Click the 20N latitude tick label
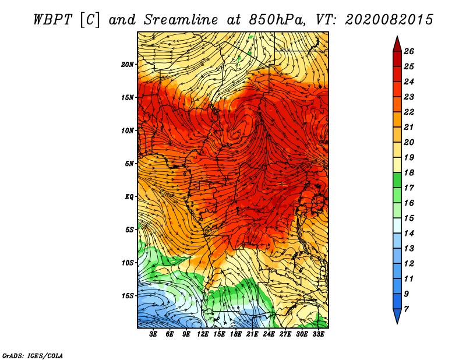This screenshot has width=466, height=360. pyautogui.click(x=128, y=65)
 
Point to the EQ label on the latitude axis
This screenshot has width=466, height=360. pyautogui.click(x=129, y=197)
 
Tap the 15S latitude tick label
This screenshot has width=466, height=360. pyautogui.click(x=128, y=296)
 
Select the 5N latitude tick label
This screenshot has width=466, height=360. pyautogui.click(x=129, y=164)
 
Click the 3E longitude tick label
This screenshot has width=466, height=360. pyautogui.click(x=153, y=334)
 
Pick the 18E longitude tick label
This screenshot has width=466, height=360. pyautogui.click(x=236, y=334)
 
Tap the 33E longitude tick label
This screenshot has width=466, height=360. pyautogui.click(x=318, y=334)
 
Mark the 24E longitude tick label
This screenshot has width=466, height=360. pyautogui.click(x=269, y=334)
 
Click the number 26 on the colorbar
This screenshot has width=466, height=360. pyautogui.click(x=409, y=51)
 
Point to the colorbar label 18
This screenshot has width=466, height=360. pyautogui.click(x=409, y=172)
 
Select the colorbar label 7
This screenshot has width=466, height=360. pyautogui.click(x=406, y=309)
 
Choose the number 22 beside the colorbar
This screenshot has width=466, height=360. pyautogui.click(x=409, y=112)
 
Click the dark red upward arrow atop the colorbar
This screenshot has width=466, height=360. pyautogui.click(x=397, y=45)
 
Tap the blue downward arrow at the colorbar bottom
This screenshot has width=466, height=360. pyautogui.click(x=397, y=316)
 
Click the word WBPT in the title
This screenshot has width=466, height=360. pyautogui.click(x=52, y=20)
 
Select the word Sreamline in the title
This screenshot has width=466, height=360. pyautogui.click(x=181, y=20)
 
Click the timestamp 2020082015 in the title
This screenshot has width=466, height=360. pyautogui.click(x=389, y=20)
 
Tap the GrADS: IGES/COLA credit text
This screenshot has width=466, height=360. pyautogui.click(x=33, y=356)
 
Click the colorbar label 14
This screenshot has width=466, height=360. pyautogui.click(x=409, y=234)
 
